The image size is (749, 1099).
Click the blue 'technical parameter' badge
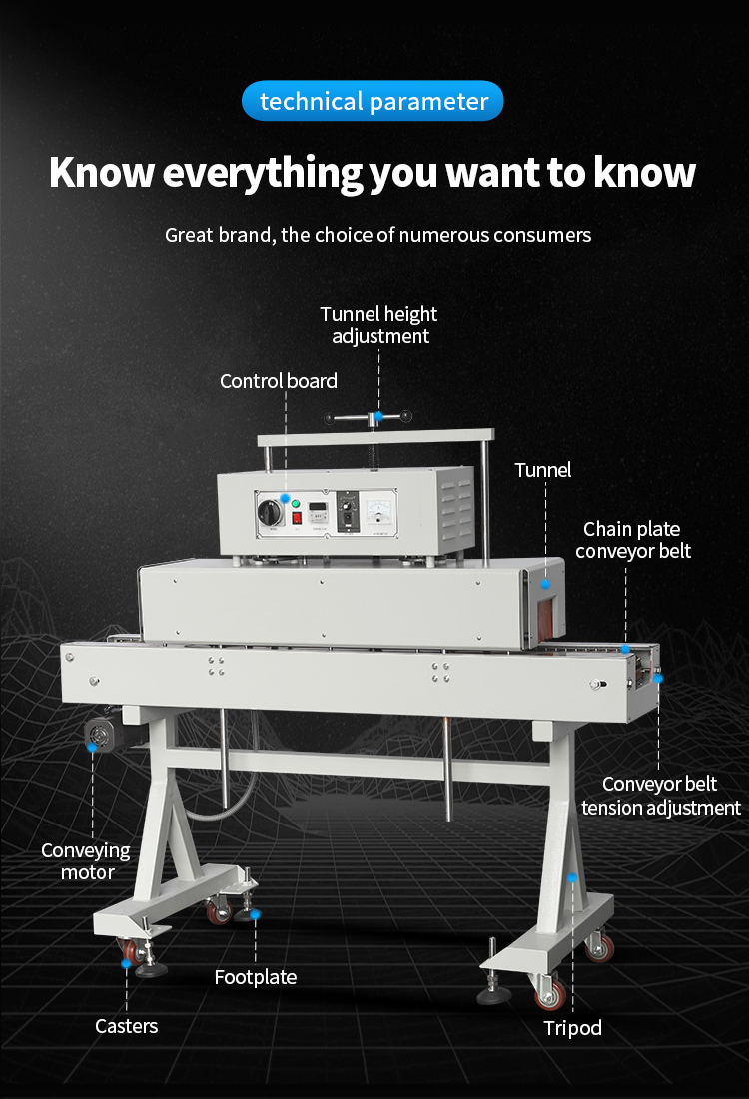[x=373, y=101]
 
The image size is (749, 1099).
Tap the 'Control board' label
[x=279, y=381]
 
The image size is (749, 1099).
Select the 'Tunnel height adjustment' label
[x=378, y=325]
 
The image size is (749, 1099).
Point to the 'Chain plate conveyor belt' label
[x=632, y=540]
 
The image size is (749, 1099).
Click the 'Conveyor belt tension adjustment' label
[x=661, y=796]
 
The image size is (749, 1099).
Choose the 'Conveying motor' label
[x=86, y=861]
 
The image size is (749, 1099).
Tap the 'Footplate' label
[x=256, y=977]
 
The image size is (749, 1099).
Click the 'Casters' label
[x=126, y=1026]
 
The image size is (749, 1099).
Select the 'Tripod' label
[x=572, y=1028]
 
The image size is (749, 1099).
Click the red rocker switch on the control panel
[x=297, y=518]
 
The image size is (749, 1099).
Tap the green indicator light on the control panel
[x=296, y=503]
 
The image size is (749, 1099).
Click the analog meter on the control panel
[x=380, y=511]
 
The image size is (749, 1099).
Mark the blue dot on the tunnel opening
[x=545, y=584]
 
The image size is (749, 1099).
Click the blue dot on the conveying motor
[x=92, y=748]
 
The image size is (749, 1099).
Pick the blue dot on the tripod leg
[x=572, y=877]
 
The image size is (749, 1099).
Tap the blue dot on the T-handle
[x=378, y=417]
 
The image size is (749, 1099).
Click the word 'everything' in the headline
[x=262, y=173]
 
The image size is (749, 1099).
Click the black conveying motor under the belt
[x=100, y=733]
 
